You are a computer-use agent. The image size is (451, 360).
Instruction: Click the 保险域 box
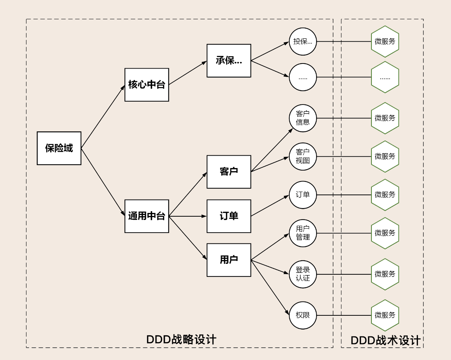(x=59, y=148)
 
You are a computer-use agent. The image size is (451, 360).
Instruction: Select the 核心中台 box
(x=147, y=85)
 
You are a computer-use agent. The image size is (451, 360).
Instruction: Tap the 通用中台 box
(x=147, y=216)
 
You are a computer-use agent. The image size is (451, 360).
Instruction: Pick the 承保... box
(x=229, y=61)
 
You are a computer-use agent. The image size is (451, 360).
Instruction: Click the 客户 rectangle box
(x=229, y=172)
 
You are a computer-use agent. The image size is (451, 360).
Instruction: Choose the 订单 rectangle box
(x=229, y=216)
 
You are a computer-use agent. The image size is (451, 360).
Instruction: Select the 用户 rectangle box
(x=229, y=260)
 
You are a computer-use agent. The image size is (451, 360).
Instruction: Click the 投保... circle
(x=303, y=42)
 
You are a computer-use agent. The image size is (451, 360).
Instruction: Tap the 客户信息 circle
(x=303, y=118)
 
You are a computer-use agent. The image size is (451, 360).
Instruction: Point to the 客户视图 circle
(x=303, y=156)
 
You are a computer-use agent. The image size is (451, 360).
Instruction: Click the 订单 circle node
(x=303, y=195)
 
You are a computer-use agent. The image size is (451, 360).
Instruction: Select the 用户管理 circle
(x=303, y=233)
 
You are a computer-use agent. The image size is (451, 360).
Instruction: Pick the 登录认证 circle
(x=303, y=274)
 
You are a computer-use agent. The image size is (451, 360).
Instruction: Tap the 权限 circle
(x=303, y=315)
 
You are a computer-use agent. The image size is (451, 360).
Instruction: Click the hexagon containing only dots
(x=385, y=77)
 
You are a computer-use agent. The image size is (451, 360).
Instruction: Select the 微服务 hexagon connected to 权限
(x=385, y=315)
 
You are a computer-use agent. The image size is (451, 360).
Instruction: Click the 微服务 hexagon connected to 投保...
(x=385, y=42)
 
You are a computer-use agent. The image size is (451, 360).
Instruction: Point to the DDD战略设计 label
(x=181, y=340)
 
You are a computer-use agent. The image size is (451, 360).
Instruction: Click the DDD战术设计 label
(x=385, y=340)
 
